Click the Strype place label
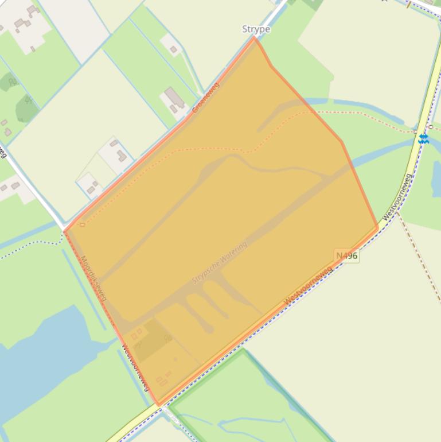point(256,29)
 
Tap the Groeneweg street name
point(206,97)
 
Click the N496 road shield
point(347,255)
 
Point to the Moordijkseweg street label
point(93,278)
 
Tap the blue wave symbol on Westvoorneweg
point(423,138)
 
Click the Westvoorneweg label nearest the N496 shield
point(308,285)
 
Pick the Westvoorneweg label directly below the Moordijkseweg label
point(135,367)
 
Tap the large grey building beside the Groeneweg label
point(175,98)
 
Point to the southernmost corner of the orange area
point(158,405)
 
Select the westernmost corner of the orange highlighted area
point(64,232)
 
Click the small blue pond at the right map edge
point(436,178)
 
